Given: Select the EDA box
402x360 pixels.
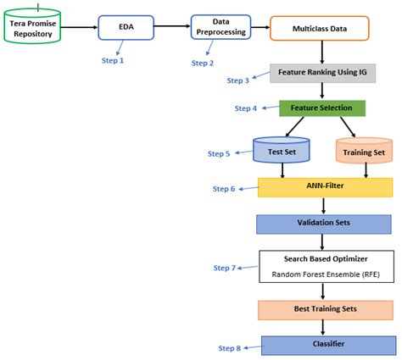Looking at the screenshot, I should (x=126, y=28).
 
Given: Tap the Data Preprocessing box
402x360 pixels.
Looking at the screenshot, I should (x=221, y=28).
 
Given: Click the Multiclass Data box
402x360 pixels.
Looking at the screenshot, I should (x=321, y=28).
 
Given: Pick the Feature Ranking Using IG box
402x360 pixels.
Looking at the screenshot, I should (x=322, y=73).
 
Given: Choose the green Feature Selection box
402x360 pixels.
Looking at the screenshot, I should (x=322, y=108).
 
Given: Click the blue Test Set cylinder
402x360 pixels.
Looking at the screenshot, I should (x=281, y=152).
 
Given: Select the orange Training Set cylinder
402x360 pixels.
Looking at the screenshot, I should (x=365, y=152).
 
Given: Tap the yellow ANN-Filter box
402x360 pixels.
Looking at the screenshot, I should (x=325, y=187).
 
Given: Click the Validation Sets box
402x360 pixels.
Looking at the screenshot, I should (x=324, y=224).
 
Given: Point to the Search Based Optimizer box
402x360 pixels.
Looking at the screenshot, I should (x=324, y=266).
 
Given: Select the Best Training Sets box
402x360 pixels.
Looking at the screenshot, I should (x=324, y=309).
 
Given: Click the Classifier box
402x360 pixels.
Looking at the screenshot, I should (x=327, y=345).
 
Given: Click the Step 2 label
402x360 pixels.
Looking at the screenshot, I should (x=203, y=63).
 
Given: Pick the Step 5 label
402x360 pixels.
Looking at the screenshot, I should (x=219, y=154).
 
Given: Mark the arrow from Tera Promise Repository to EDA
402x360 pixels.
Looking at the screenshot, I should (x=82, y=28).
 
